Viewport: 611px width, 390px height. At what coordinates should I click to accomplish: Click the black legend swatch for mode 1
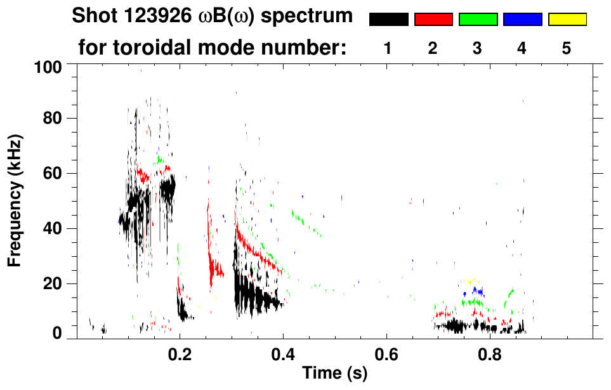tap(389, 20)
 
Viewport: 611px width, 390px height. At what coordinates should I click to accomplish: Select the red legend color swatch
tap(433, 20)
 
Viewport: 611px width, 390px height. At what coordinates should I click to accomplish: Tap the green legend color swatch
tap(478, 20)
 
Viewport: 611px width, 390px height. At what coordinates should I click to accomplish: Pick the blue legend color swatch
tap(522, 20)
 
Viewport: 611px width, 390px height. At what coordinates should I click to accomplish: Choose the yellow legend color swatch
tap(567, 20)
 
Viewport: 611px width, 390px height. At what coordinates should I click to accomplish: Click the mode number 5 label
tap(567, 48)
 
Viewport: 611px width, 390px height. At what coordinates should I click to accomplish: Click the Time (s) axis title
tap(334, 374)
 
